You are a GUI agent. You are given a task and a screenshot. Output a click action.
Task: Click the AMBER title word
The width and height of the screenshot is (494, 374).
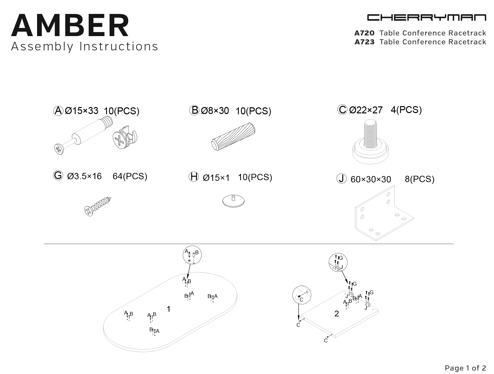pos(70,25)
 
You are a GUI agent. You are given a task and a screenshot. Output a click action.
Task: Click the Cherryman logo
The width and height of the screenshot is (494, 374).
pos(427,17)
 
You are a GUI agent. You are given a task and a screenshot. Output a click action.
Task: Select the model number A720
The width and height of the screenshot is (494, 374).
pos(364,33)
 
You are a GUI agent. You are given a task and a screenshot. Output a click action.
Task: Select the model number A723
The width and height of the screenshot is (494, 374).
pos(364,42)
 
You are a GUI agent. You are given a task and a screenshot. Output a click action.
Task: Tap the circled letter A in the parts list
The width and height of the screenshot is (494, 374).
pos(58,111)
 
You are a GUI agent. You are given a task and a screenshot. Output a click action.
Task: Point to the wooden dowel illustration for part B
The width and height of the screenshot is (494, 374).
pos(233,136)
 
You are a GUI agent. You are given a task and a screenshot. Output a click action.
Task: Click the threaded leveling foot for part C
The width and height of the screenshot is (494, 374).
pos(370,142)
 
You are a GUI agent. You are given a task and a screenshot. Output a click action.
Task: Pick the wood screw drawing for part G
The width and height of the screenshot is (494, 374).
pos(98,206)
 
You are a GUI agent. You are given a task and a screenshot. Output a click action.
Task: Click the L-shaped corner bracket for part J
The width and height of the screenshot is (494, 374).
pos(384,213)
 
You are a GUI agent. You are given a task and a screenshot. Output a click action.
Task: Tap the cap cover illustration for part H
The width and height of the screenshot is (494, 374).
pos(233,201)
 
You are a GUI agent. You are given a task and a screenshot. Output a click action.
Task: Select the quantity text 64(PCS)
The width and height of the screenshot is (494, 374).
pos(130,176)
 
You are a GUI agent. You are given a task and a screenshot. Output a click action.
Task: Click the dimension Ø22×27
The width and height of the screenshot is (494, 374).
pos(366,110)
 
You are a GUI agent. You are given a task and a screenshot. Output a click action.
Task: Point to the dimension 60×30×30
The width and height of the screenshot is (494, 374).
pos(371,179)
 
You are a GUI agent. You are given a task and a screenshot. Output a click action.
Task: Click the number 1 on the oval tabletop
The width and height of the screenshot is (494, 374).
pos(168,309)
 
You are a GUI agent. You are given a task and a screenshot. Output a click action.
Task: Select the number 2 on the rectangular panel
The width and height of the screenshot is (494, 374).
pos(337,314)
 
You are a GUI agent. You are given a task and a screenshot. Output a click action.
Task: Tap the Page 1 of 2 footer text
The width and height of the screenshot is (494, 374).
pos(465,368)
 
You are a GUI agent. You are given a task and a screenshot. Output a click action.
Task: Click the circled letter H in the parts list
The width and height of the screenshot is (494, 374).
pos(193,177)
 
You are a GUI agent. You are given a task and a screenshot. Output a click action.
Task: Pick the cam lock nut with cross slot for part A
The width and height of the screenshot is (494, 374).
pos(125,138)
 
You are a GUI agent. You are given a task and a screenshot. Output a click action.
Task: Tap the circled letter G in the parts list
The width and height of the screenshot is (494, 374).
pos(58,175)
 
